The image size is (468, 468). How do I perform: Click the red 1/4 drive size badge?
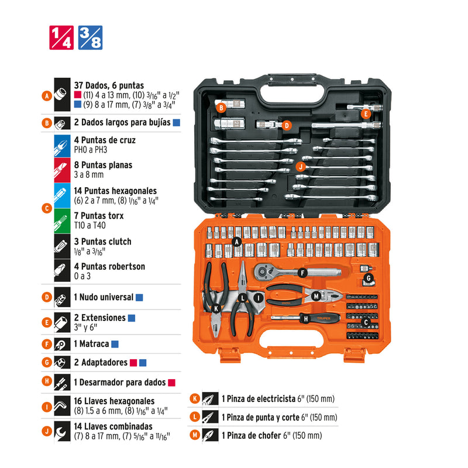tap(61, 37)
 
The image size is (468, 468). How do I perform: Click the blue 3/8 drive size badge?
tap(90, 37)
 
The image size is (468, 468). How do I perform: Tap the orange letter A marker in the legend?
tap(47, 96)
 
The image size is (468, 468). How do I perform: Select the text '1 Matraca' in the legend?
tap(91, 344)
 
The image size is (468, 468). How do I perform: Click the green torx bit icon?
tap(62, 221)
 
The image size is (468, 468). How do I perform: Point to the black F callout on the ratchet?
tap(302, 273)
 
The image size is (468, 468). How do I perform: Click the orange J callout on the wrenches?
tap(301, 167)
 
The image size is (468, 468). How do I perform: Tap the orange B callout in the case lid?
tap(221, 108)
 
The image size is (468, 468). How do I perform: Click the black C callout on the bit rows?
tap(366, 322)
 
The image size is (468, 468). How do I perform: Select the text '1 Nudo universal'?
tap(104, 297)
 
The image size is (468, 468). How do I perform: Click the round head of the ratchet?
tap(262, 271)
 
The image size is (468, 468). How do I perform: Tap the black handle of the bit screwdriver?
tap(320, 318)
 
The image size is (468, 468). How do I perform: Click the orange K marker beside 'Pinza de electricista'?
tap(195, 398)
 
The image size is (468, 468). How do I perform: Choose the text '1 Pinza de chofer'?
tap(251, 435)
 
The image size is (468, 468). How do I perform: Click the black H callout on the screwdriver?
tap(306, 319)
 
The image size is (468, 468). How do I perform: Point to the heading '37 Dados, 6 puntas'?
tap(109, 85)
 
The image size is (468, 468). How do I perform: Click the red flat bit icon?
tap(62, 170)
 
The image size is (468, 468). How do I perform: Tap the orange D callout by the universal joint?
tap(287, 125)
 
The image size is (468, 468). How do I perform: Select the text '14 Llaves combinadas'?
tap(113, 426)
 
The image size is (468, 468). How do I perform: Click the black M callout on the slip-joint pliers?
tap(316, 297)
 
